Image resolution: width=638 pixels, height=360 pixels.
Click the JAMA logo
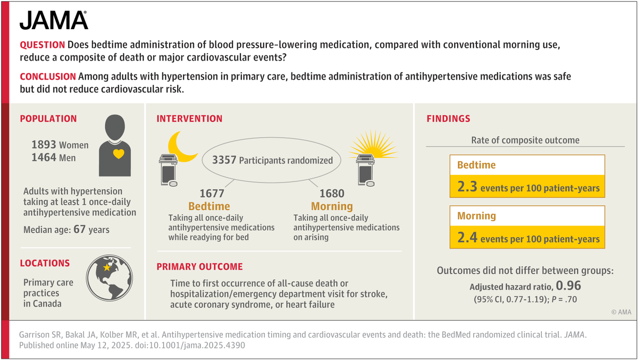click(x=54, y=20)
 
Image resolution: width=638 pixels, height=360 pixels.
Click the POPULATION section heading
click(x=48, y=119)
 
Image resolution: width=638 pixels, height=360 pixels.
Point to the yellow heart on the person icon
click(x=119, y=154)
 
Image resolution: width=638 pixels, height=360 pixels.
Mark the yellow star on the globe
click(x=107, y=268)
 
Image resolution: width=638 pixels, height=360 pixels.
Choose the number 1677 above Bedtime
click(x=212, y=194)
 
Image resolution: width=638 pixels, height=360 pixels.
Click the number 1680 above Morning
click(x=332, y=194)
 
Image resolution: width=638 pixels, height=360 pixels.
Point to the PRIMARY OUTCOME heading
click(x=199, y=267)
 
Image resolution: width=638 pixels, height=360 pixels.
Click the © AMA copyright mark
click(x=620, y=312)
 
